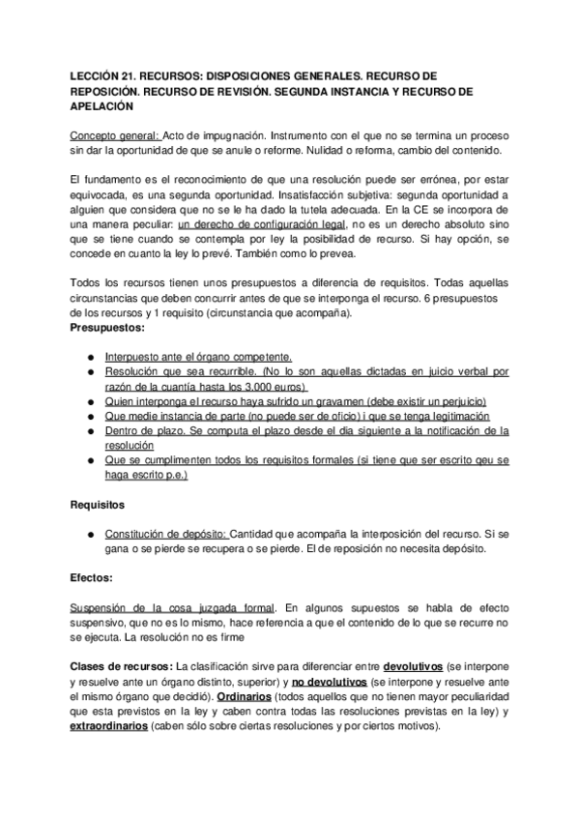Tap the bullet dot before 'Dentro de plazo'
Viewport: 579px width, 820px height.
(x=89, y=430)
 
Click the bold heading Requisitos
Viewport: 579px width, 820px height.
(x=100, y=505)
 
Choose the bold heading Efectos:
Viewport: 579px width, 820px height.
(x=92, y=578)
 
